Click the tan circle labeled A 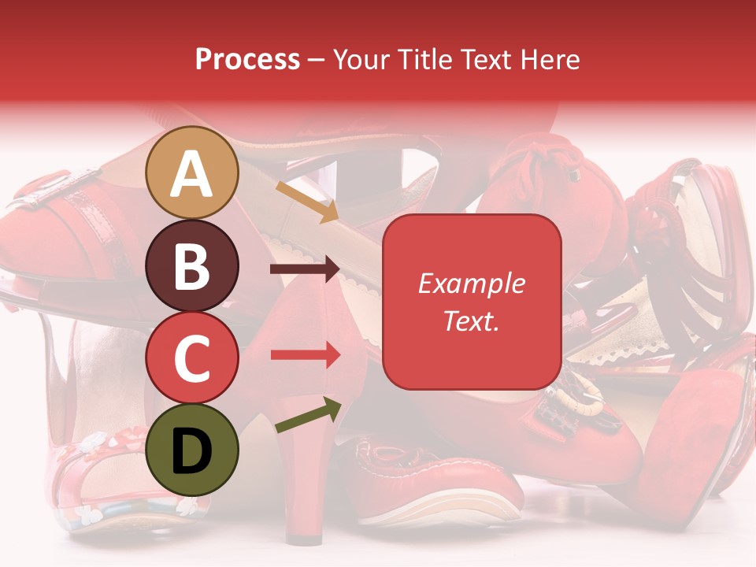192,172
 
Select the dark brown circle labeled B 192,265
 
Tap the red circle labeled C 192,358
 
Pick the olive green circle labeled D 192,450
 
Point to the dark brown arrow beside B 305,269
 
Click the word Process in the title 247,60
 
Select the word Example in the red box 471,283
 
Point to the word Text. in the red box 471,321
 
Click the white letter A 192,174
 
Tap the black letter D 192,452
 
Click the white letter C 192,359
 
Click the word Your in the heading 358,60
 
